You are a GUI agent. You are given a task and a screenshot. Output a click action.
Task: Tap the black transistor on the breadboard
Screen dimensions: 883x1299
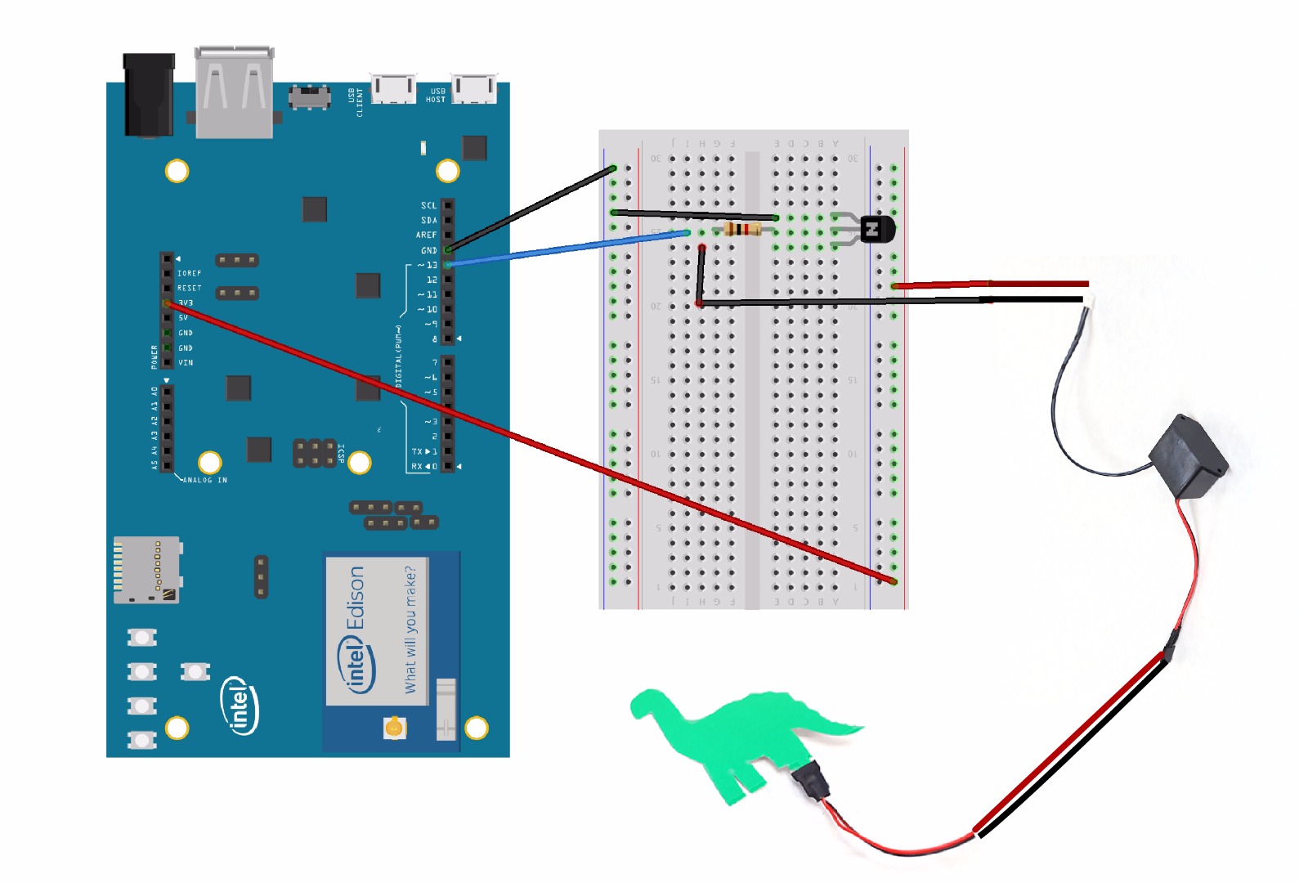pos(876,230)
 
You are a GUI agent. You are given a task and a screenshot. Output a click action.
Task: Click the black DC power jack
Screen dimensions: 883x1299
pos(149,94)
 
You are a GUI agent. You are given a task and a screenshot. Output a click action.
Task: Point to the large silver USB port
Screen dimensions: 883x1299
pos(234,92)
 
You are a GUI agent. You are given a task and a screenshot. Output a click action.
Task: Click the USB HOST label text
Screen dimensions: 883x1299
pos(436,96)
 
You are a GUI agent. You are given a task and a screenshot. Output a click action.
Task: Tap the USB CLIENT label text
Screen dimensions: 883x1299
pos(356,102)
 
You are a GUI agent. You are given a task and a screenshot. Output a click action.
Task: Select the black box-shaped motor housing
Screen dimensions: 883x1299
pos(1189,457)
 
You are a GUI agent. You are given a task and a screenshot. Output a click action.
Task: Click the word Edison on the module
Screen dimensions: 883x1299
pos(356,598)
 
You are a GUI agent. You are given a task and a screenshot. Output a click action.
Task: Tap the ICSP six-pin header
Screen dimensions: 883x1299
pos(315,453)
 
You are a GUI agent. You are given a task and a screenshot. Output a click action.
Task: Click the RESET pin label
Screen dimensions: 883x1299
pos(189,288)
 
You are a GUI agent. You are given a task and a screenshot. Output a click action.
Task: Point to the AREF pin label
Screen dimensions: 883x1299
pos(426,235)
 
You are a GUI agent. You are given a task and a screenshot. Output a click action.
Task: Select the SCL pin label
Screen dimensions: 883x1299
pos(428,206)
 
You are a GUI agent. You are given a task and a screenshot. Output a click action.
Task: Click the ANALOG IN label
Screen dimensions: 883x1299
pos(205,480)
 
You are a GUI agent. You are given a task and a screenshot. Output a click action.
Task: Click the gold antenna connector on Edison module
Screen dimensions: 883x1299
pos(394,727)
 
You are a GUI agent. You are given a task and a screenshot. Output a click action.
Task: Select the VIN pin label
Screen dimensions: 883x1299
pos(186,362)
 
